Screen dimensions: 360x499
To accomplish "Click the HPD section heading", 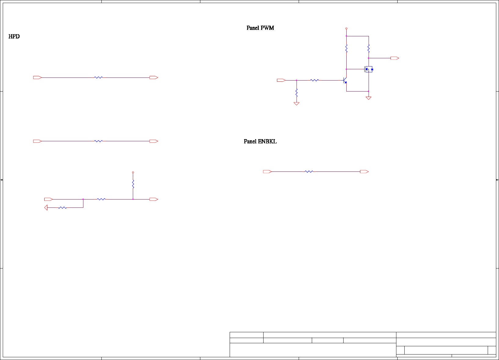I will pos(14,37).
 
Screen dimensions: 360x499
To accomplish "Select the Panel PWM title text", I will pos(260,28).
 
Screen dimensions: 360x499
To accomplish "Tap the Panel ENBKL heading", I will pos(260,142).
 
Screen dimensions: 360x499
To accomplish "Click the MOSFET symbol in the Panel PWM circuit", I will pos(368,69).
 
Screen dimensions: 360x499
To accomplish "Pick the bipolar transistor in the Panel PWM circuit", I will pos(345,81).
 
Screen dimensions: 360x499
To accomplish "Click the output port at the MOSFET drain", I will pos(395,58).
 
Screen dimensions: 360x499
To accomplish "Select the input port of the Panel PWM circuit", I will pos(281,80).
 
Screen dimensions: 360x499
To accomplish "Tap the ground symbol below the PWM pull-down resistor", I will pos(297,104).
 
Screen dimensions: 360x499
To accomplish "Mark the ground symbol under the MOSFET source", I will pos(369,98).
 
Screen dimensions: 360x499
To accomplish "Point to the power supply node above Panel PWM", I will pos(346,28).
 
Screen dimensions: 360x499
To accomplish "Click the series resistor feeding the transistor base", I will pos(314,80).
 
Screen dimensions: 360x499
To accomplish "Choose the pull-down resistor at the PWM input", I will pos(297,92).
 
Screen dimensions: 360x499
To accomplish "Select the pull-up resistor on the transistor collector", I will pos(346,48).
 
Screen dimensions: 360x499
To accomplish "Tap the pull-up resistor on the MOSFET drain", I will pos(369,48).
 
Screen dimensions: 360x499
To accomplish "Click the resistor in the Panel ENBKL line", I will pos(309,172).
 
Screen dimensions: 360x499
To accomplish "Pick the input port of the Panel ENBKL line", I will pos(267,172).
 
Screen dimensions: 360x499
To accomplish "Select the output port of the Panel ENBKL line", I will pos(364,172).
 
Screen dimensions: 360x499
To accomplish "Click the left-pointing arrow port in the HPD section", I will pos(46,208).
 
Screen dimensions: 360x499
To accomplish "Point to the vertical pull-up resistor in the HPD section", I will pos(133,184).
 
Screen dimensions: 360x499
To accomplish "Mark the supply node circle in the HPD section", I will pos(133,172).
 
